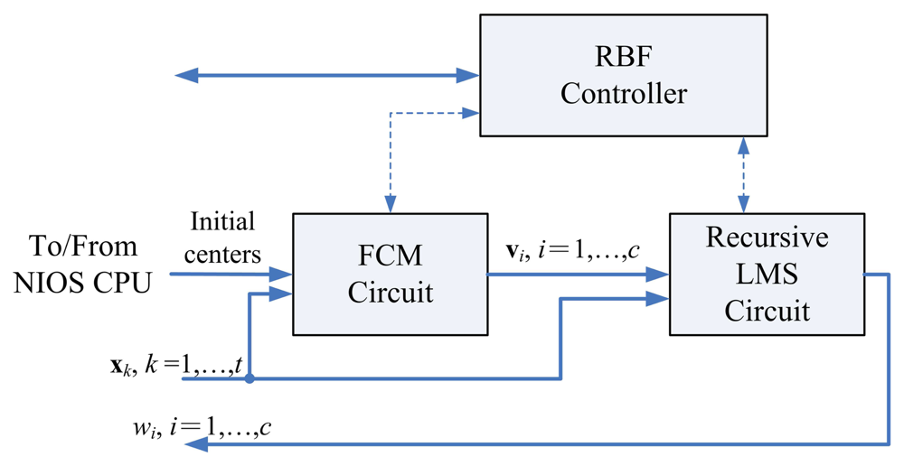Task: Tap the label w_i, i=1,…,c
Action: (x=200, y=424)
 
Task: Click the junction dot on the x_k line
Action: (x=249, y=378)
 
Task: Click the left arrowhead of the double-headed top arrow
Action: (x=186, y=76)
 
